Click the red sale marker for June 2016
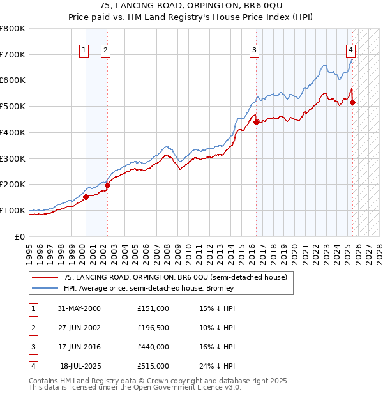pos(256,122)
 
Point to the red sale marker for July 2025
pos(352,102)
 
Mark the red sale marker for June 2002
pos(107,185)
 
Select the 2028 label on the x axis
pos(379,248)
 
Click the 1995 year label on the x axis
pos(29,248)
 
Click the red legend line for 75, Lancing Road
pos(44,277)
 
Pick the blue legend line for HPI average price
pos(44,288)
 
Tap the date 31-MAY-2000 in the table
pos(79,308)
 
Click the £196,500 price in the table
pos(153,328)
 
